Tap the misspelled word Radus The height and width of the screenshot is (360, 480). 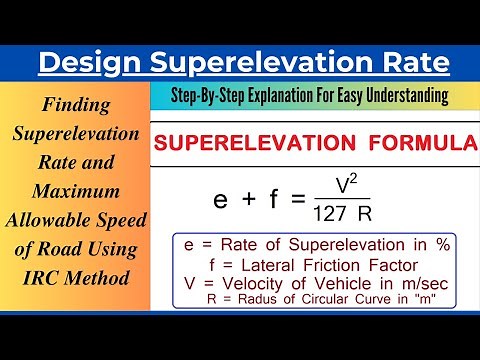[260, 297]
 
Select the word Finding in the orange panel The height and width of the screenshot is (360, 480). [77, 103]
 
